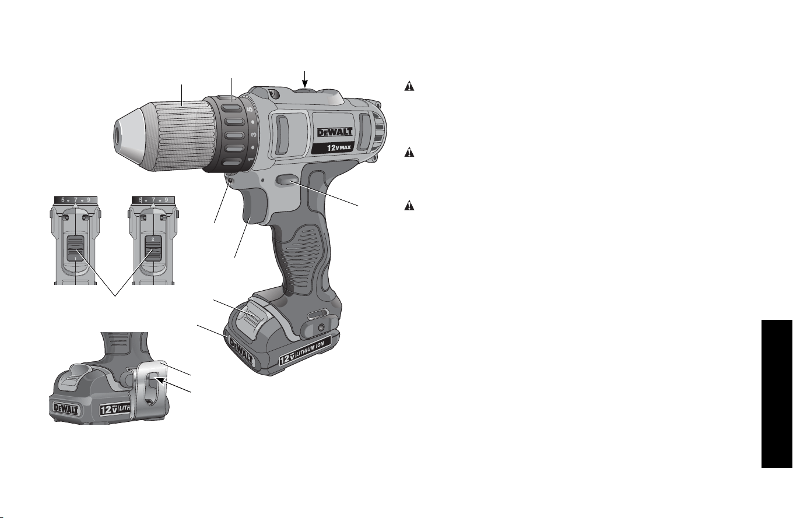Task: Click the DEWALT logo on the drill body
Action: pyautogui.click(x=335, y=132)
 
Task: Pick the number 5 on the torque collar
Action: pyautogui.click(x=250, y=110)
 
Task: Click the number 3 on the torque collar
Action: pyautogui.click(x=254, y=135)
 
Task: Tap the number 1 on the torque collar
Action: pyautogui.click(x=251, y=160)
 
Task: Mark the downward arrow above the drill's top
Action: pyautogui.click(x=304, y=79)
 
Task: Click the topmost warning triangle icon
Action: pyautogui.click(x=409, y=86)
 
